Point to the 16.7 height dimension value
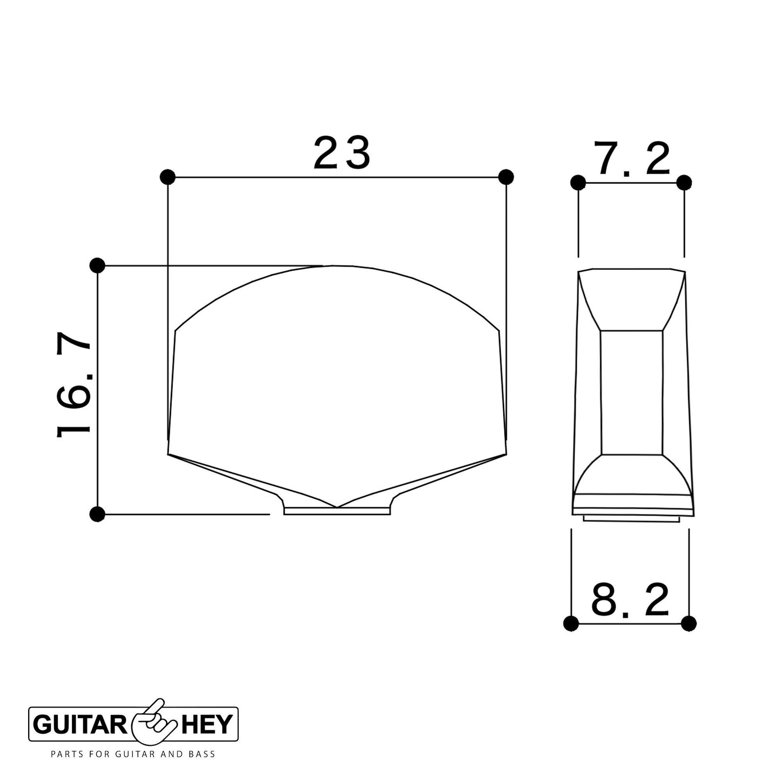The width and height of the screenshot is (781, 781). tap(74, 385)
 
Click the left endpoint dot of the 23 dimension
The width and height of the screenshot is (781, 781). tap(168, 177)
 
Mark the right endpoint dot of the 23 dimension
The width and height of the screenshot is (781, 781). tap(505, 177)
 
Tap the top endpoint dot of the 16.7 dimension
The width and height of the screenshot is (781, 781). tap(97, 266)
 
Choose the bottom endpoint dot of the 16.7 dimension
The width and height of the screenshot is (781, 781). tap(97, 515)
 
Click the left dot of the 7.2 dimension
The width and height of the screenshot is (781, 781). tap(578, 182)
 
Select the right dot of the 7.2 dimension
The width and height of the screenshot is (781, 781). tap(684, 182)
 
